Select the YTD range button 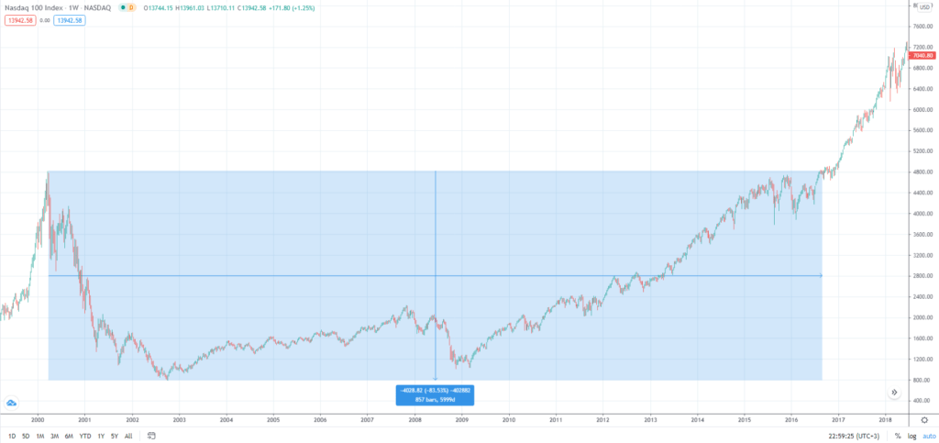coord(84,436)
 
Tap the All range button coord(127,436)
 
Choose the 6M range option coord(69,436)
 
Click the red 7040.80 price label coord(922,57)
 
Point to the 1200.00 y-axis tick coord(919,359)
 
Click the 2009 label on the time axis coord(462,419)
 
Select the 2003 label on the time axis coord(179,419)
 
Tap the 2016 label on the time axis coord(792,419)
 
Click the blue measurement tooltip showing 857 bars coord(435,395)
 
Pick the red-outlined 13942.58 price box coord(18,19)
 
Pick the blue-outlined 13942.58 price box coord(69,19)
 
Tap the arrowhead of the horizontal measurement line coord(820,275)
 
